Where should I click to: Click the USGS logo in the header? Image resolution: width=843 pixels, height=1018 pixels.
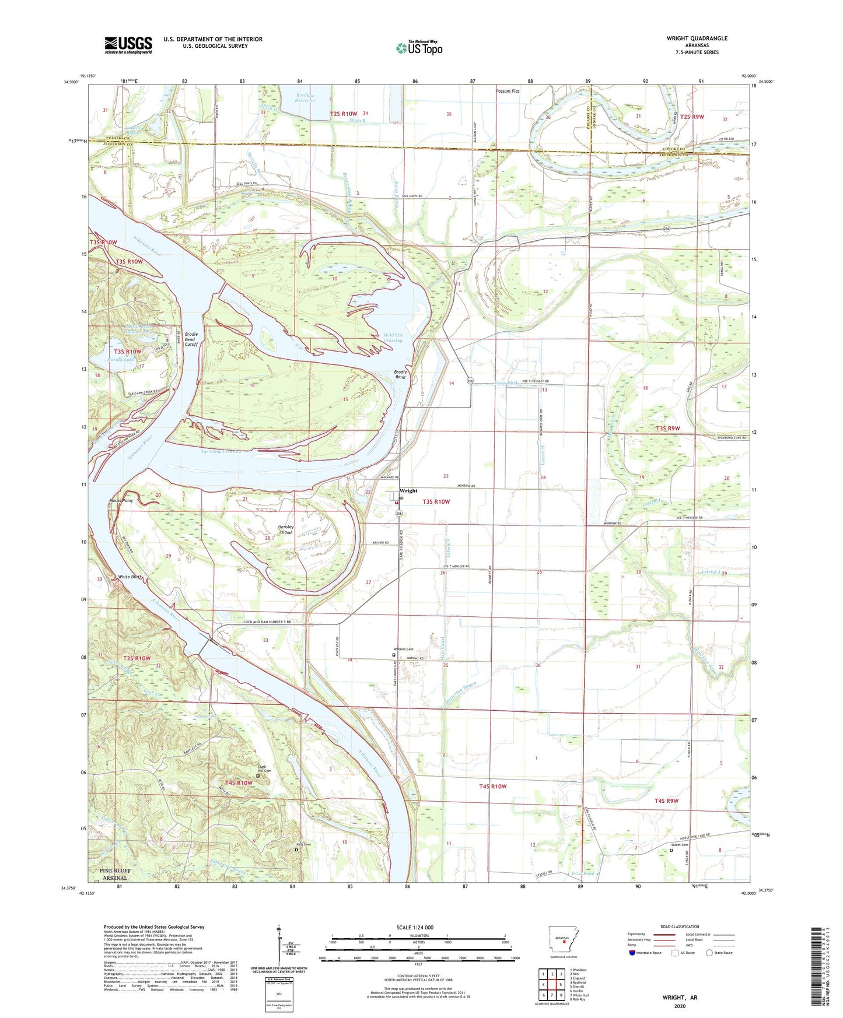[x=128, y=45]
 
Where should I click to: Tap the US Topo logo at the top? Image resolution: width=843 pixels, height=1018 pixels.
[x=419, y=48]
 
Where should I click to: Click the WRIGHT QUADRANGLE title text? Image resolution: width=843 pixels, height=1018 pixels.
[x=697, y=38]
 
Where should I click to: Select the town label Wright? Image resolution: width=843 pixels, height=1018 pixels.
[x=408, y=491]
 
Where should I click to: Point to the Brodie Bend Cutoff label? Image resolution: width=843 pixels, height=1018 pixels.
[x=191, y=339]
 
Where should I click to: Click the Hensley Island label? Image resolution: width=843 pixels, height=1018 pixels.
[x=285, y=529]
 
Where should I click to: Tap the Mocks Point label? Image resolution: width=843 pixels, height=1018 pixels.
[x=121, y=500]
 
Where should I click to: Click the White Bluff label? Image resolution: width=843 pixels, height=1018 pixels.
[x=130, y=577]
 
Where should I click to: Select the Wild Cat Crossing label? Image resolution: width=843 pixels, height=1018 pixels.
[x=393, y=338]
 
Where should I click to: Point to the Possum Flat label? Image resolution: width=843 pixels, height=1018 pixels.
[x=507, y=91]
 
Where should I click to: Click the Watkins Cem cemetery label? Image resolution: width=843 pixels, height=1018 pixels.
[x=402, y=649]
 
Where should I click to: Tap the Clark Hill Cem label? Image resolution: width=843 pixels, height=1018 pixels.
[x=266, y=769]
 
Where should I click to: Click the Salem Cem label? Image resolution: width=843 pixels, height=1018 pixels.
[x=680, y=845]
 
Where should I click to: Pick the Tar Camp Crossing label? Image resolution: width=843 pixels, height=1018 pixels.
[x=212, y=452]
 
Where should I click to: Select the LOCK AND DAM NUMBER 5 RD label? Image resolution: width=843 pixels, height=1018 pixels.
[x=267, y=623]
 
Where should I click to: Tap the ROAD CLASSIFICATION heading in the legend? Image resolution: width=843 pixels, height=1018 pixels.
[x=680, y=926]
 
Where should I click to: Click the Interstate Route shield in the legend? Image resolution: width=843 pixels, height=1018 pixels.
[x=633, y=953]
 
